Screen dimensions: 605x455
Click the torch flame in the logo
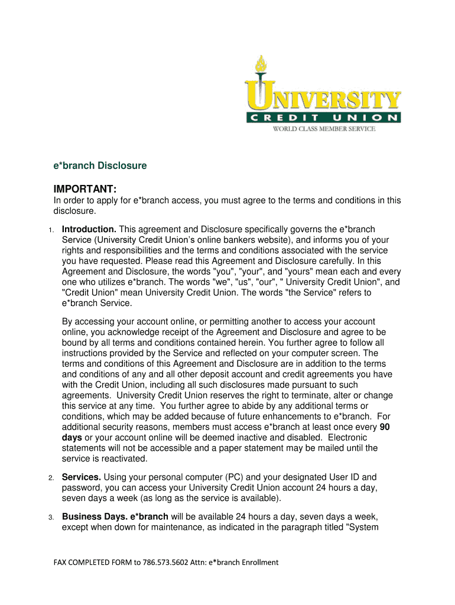pos(261,64)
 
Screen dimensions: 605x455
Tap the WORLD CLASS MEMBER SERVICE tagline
pos(323,129)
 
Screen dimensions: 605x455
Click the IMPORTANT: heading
pos(84,189)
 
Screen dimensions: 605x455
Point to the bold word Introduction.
pos(89,229)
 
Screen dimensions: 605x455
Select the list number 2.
pos(52,477)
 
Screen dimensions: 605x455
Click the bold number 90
pos(384,427)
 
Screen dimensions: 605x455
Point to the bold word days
pos(72,438)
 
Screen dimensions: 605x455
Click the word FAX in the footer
pos(61,562)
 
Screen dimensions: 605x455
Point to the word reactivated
pos(126,459)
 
